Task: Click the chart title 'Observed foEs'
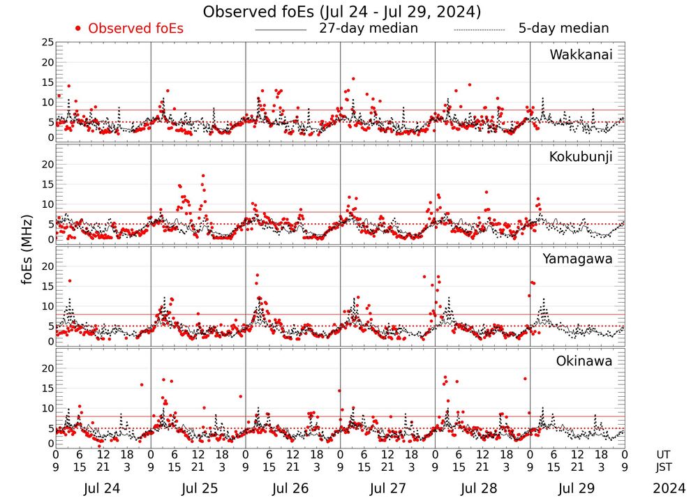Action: (x=342, y=12)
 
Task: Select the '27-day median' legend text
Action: (x=368, y=29)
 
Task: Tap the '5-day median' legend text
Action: (x=563, y=29)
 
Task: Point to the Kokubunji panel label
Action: (x=581, y=157)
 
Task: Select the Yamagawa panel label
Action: (x=578, y=259)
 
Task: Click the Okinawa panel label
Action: (x=584, y=361)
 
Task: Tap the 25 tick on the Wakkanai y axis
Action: (x=47, y=43)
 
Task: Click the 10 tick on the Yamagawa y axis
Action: (x=47, y=306)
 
